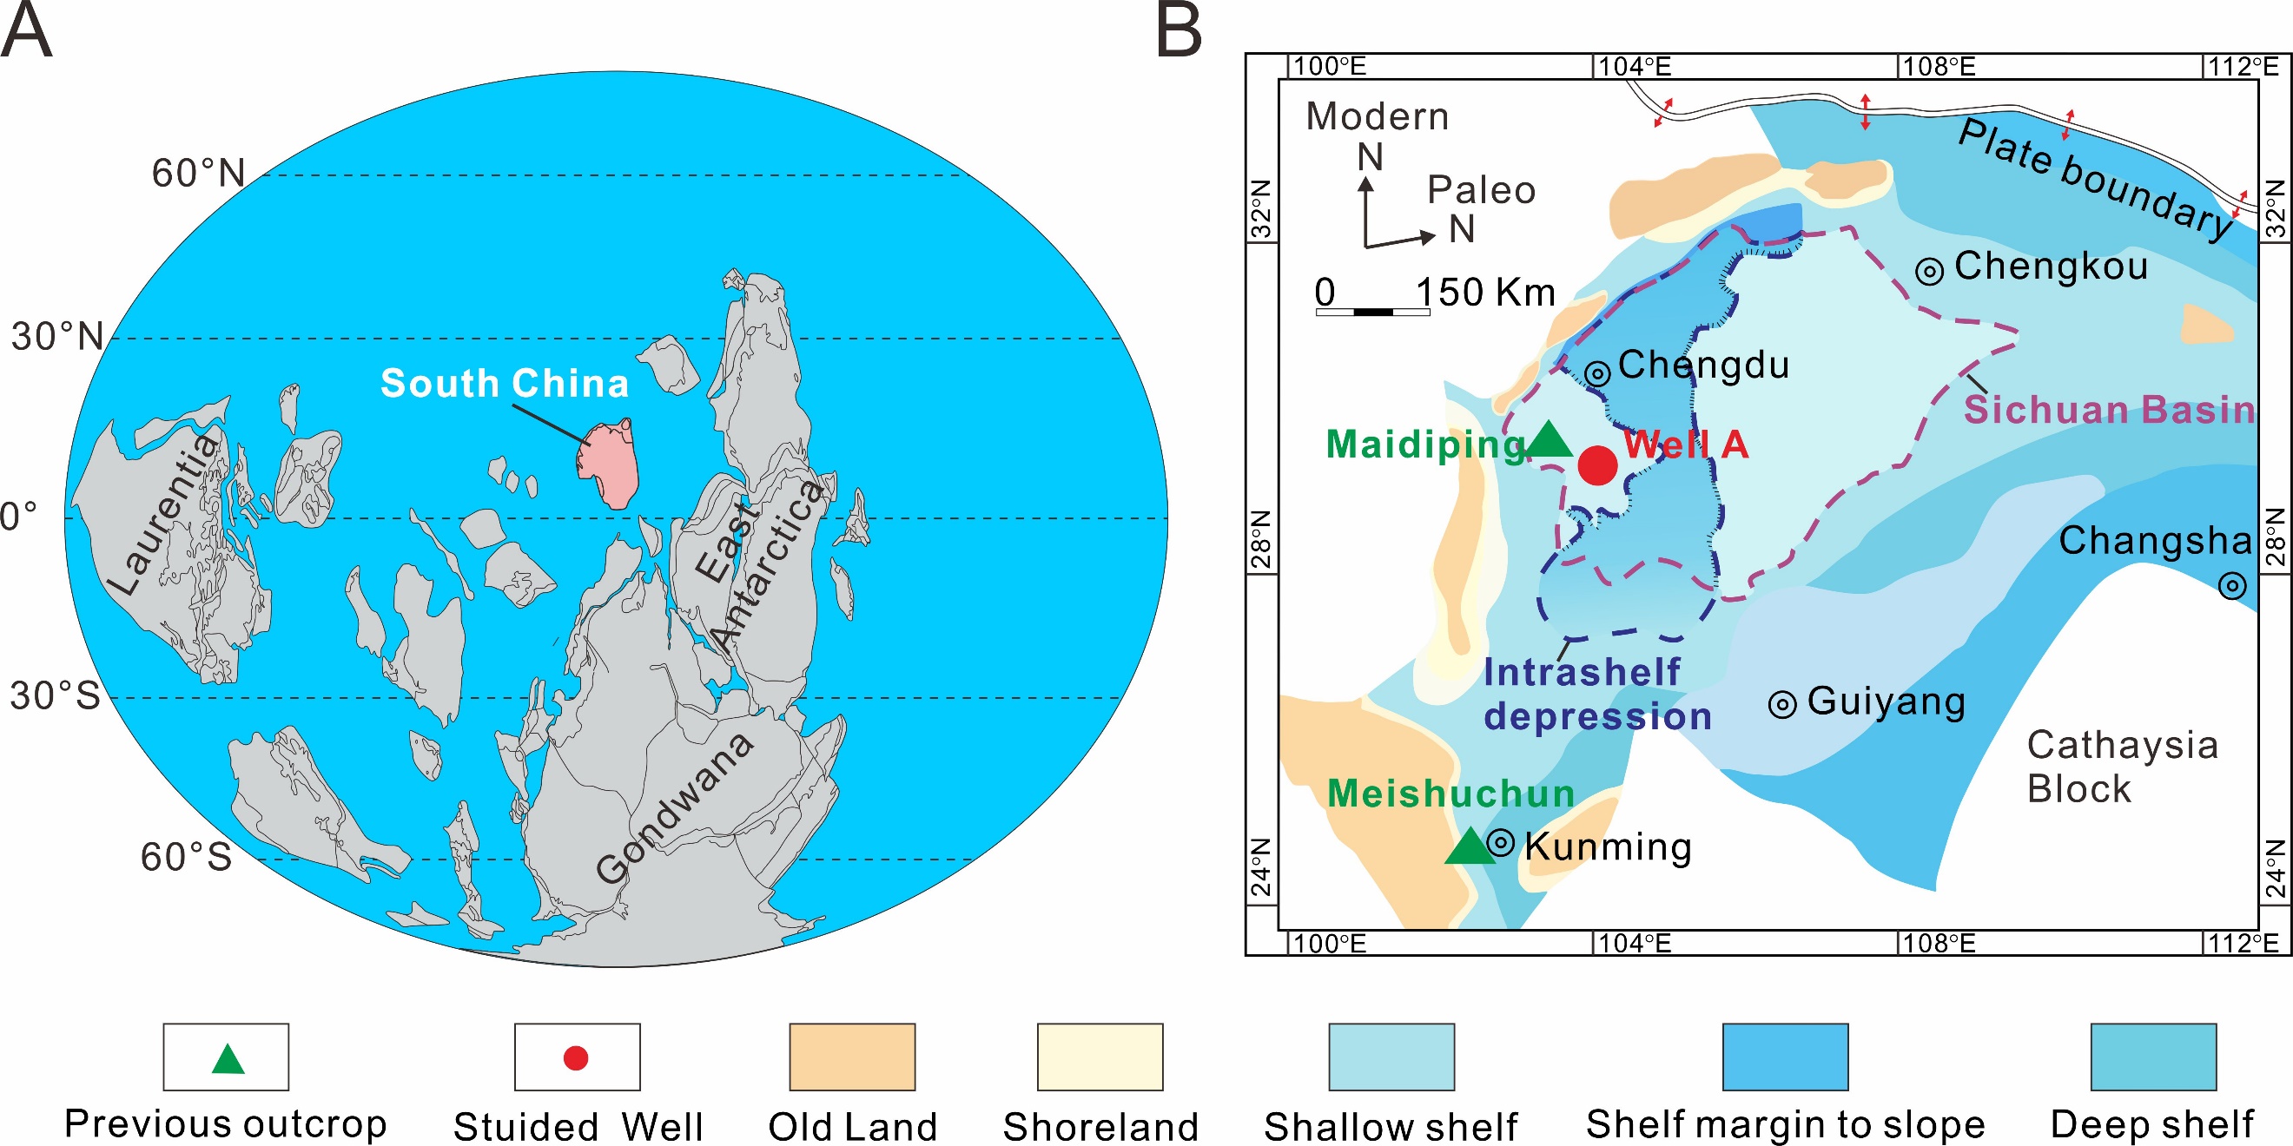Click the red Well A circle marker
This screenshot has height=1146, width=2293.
coord(1597,465)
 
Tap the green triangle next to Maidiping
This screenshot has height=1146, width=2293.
coord(1550,440)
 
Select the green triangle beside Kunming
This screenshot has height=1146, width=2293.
coord(1470,848)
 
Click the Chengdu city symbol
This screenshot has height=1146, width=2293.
coord(1598,373)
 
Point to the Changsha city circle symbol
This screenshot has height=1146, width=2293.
coord(2231,585)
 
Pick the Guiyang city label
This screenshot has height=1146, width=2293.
coord(1886,701)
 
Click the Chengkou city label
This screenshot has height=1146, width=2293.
coord(2051,266)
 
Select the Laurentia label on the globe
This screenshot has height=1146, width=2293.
coord(164,514)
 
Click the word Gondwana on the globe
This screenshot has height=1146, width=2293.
coord(675,808)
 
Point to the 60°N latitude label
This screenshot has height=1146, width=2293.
coord(198,173)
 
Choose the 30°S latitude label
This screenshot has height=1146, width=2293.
coord(56,695)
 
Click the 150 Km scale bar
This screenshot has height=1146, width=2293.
coord(1372,312)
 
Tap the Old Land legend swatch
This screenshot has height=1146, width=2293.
coord(852,1056)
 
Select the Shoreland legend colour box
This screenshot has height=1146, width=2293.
coord(1100,1056)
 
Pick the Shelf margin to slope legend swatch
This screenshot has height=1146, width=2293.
coord(1785,1056)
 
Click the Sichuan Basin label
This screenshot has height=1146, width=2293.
coord(2108,409)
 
